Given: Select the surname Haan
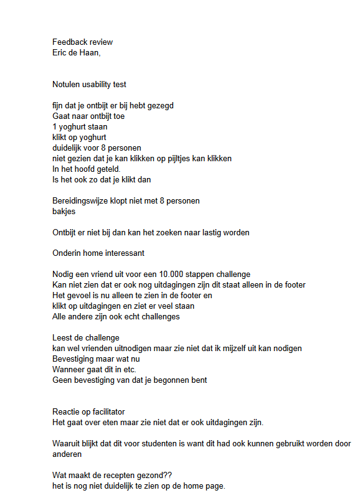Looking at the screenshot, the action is (x=89, y=52).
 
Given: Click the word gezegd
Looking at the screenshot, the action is (x=160, y=106).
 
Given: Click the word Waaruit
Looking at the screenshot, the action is (x=67, y=444).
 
